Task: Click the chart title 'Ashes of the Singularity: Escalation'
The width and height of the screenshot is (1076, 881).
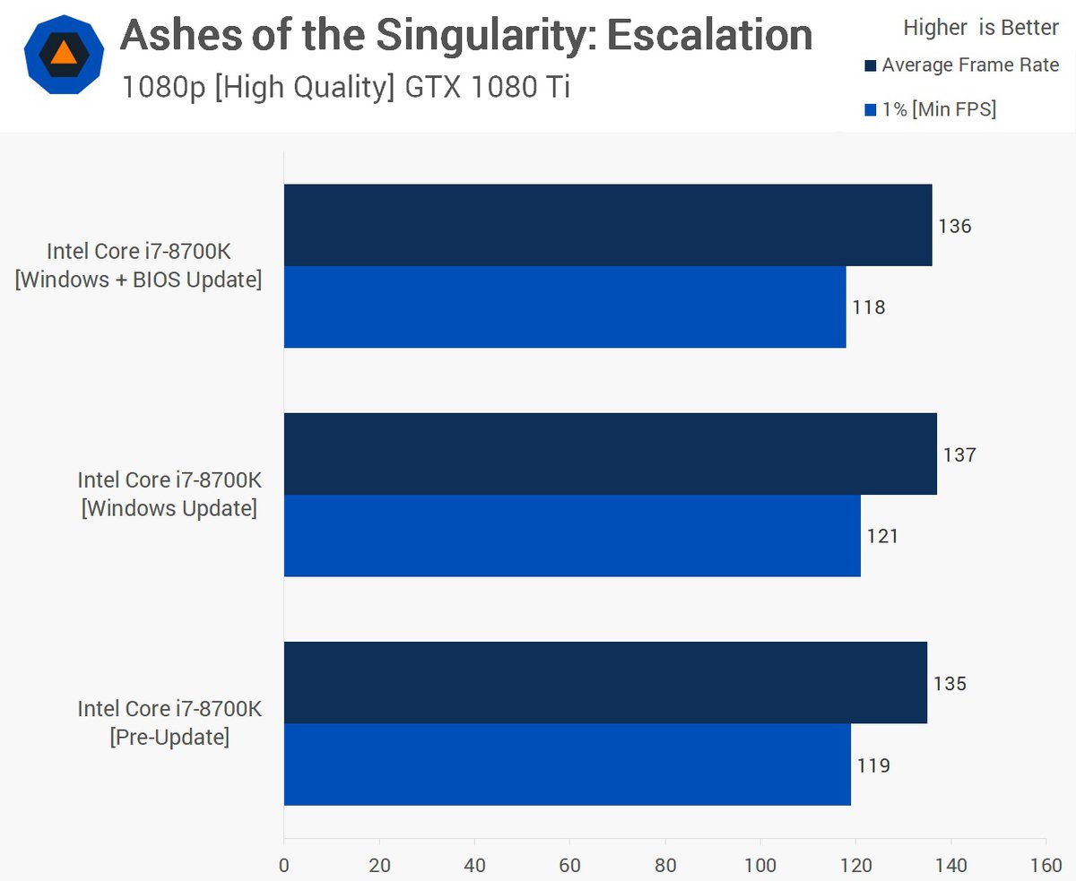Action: pos(466,36)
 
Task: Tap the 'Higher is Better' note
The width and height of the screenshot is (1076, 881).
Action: pos(981,28)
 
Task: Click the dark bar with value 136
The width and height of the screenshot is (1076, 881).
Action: pos(607,225)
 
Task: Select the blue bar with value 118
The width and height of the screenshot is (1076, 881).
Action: pos(565,307)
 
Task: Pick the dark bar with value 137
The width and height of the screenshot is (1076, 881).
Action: pos(610,453)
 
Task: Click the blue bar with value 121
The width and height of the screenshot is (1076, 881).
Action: pos(572,535)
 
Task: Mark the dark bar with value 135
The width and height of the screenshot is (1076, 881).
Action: pos(605,682)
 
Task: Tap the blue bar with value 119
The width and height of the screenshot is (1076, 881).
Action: pos(567,764)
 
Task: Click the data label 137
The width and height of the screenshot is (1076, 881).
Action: pos(959,454)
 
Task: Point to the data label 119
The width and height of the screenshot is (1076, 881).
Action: pos(873,765)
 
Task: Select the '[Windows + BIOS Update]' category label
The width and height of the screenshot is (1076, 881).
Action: pos(139,280)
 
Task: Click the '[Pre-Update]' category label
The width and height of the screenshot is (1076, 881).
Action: pos(169,738)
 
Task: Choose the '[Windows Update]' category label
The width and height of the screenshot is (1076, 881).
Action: pos(169,509)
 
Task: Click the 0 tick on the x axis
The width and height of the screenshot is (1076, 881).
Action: pos(284,865)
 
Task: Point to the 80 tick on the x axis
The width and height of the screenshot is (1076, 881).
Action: pos(665,865)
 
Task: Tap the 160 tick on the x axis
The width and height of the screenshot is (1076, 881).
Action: pos(1046,865)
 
